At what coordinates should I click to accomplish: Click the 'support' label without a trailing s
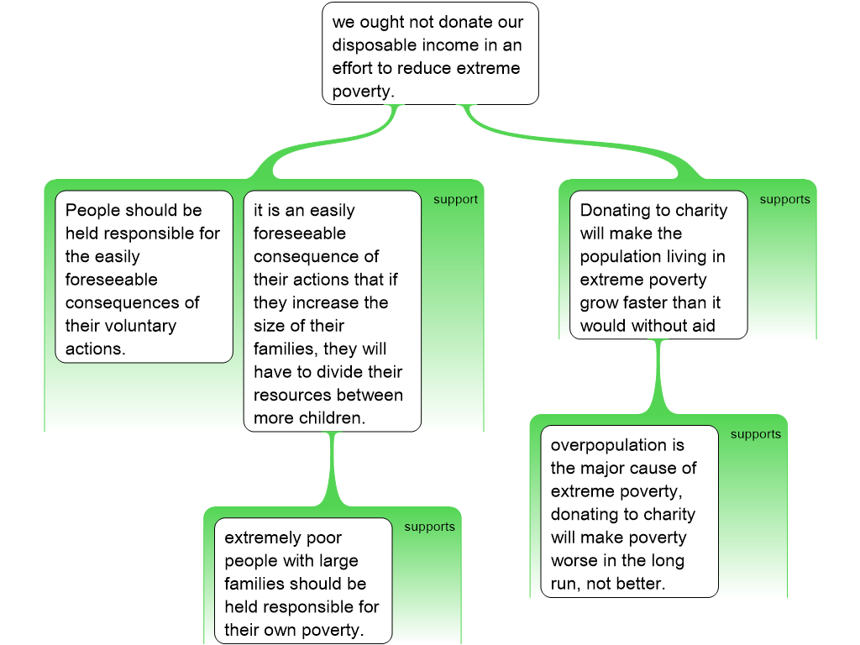point(455,200)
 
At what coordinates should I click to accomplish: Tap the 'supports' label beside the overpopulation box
point(755,434)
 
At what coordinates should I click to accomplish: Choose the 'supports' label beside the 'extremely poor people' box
point(429,527)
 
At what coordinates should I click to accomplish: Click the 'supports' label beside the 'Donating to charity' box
point(784,200)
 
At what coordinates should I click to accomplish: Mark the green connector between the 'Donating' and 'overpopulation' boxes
point(658,378)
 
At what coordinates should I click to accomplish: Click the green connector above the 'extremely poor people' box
point(333,470)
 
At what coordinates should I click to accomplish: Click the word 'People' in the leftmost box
point(92,210)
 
